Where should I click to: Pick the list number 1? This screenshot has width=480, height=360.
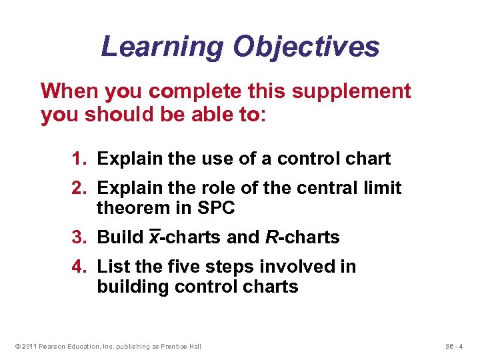[x=79, y=159]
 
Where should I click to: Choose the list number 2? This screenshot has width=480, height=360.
[x=79, y=189]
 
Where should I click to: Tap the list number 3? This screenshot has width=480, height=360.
[x=79, y=237]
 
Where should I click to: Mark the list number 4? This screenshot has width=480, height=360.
[x=79, y=267]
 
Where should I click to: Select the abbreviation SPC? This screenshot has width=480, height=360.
[x=216, y=208]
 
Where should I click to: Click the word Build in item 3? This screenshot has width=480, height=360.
[x=120, y=237]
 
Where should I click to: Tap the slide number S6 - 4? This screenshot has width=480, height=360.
[x=455, y=346]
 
